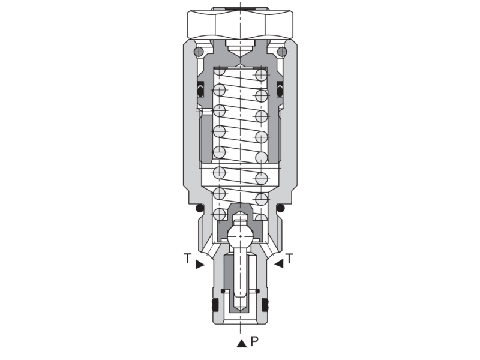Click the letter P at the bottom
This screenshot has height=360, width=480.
(254, 342)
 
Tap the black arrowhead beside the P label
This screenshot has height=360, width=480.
(241, 343)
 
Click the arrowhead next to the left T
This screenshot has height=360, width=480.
(200, 263)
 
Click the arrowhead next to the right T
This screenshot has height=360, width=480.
(278, 263)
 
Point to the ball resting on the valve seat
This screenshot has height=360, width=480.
(239, 235)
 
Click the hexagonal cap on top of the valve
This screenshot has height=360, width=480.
(240, 24)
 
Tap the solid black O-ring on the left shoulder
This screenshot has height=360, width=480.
(199, 208)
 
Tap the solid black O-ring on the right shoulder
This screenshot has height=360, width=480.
(280, 208)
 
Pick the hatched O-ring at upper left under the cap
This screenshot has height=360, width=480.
(199, 52)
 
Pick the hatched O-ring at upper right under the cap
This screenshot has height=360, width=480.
(281, 52)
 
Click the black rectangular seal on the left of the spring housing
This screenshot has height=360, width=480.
(201, 89)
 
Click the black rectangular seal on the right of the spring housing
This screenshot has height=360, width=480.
(279, 89)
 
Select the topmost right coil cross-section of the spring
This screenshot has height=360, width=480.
(261, 74)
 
